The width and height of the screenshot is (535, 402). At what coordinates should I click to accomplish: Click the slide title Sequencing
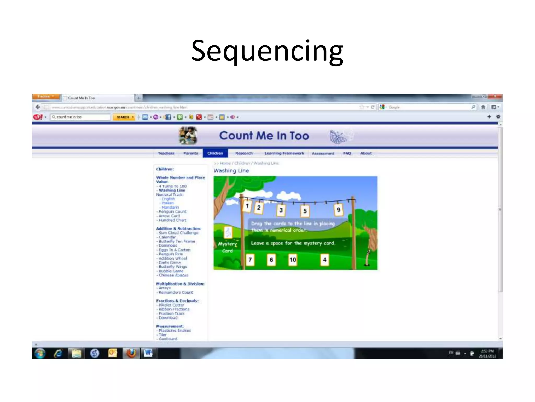pos(267,51)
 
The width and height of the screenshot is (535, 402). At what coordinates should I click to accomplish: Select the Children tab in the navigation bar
pos(215,153)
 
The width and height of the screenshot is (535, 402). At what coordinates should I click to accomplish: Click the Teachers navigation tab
pos(166,153)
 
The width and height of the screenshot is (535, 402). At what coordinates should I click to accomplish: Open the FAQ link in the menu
pos(347,153)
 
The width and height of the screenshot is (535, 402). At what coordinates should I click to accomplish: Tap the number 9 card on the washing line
pos(338,210)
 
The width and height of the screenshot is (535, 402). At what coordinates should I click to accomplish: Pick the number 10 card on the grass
pos(293,260)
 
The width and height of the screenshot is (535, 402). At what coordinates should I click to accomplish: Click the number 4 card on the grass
pos(324,260)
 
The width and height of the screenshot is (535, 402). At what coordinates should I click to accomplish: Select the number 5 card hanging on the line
pos(305,211)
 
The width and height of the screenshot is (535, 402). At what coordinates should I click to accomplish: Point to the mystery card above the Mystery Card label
pos(228,232)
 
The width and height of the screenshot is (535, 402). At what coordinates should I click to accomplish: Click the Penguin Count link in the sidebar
pos(172,211)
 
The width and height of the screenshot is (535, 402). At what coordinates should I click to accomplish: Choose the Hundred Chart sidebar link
pos(172,220)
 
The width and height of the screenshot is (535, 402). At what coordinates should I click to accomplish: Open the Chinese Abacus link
pos(173,275)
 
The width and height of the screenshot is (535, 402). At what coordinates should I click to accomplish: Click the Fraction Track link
pos(172,314)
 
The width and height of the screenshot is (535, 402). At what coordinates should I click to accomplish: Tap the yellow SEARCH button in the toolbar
pos(124,117)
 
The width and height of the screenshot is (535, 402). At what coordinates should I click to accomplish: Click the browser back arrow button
pos(38,107)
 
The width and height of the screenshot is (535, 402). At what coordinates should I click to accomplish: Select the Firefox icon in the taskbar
pos(131,353)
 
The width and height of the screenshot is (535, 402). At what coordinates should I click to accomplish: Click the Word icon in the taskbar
pos(148,353)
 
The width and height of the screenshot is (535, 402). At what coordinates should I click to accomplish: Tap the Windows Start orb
pos(40,353)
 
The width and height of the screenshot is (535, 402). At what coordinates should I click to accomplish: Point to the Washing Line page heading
pos(231,171)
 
